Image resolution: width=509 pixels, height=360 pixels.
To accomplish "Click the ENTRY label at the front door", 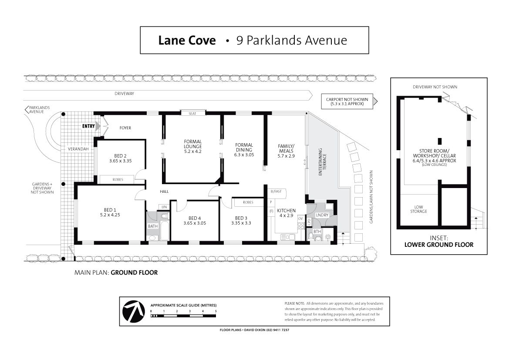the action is click(88, 126).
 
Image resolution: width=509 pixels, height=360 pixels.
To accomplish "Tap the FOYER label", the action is click(125, 128).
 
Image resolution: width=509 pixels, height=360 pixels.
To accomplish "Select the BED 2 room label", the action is click(121, 156).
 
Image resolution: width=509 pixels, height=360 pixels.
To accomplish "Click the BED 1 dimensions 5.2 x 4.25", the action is click(110, 215).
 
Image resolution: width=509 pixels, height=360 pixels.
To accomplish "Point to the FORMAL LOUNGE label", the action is click(193, 144).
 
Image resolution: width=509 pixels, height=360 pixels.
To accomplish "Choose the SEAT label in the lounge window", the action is click(192, 114).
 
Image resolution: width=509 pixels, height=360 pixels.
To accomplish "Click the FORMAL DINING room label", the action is click(244, 148).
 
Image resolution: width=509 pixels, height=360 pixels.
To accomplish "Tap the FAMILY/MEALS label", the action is click(287, 148).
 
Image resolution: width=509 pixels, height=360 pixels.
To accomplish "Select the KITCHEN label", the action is click(287, 211).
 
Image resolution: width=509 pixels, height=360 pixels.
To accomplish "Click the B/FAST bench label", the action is click(276, 192).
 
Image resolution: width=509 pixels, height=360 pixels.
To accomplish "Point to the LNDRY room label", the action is click(322, 215).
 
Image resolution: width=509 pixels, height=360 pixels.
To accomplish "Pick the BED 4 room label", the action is click(195, 218).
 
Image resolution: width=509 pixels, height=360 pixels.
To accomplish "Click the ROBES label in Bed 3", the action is click(248, 202).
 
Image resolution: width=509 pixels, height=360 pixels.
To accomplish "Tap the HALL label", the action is click(164, 192).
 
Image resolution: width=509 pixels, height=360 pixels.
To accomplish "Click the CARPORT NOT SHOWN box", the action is click(347, 101).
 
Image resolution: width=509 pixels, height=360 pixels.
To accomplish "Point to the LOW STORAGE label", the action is click(418, 209).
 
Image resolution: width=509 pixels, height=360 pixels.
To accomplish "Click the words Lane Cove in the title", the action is click(187, 40).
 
